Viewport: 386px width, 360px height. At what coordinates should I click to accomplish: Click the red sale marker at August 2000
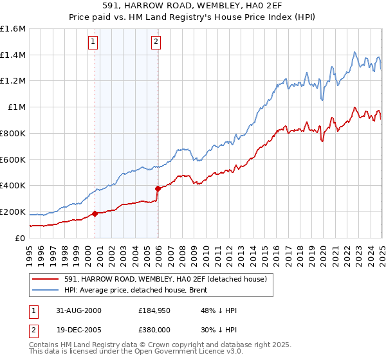(x=95, y=213)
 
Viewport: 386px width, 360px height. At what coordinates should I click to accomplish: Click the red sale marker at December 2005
(x=158, y=188)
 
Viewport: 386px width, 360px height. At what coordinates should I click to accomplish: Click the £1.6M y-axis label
(x=13, y=29)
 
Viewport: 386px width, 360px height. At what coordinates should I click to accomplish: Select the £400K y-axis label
(x=13, y=186)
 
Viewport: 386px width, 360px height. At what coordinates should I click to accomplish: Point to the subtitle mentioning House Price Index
(x=193, y=18)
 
